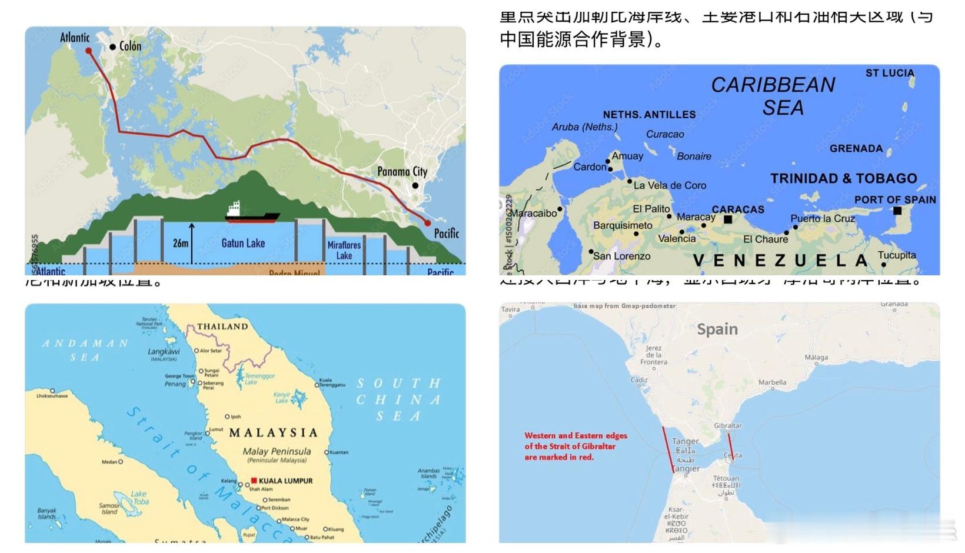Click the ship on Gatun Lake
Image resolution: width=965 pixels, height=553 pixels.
click(x=252, y=213)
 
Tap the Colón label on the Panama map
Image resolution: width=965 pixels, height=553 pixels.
click(x=130, y=46)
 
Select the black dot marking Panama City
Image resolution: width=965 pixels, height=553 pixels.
click(x=415, y=186)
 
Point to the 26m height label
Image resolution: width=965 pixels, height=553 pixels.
click(x=181, y=243)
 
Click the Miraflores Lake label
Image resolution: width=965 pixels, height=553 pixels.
click(x=344, y=250)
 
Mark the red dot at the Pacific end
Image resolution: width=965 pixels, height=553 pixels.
click(x=428, y=223)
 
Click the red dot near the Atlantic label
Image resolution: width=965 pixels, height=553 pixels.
click(x=89, y=51)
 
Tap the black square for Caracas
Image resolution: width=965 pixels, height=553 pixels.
click(x=728, y=219)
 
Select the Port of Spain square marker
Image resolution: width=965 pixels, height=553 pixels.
click(x=897, y=211)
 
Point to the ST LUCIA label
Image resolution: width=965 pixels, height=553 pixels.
click(x=890, y=73)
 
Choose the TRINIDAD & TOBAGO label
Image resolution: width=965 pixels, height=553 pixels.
click(x=844, y=178)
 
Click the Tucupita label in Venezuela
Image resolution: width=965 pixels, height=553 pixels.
click(x=897, y=255)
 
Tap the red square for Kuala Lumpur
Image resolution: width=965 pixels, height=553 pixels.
click(x=254, y=481)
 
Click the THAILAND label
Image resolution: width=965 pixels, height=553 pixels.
click(x=222, y=327)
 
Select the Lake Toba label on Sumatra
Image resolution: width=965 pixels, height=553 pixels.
click(x=140, y=498)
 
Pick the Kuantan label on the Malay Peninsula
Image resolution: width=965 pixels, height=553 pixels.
click(x=339, y=452)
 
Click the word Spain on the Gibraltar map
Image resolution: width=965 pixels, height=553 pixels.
click(x=717, y=329)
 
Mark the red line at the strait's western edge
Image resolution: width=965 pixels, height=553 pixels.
click(x=668, y=449)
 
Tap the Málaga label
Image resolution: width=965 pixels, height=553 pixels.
click(x=816, y=358)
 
